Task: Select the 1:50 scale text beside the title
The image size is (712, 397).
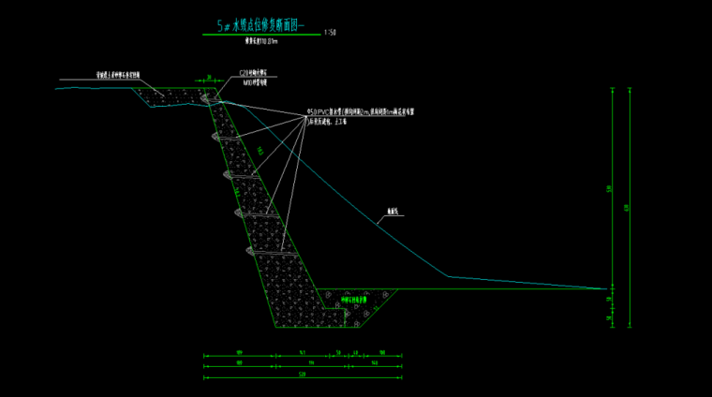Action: click(330, 35)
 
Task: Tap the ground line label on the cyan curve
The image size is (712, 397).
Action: click(390, 213)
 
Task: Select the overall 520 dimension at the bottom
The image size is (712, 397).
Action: click(303, 375)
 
